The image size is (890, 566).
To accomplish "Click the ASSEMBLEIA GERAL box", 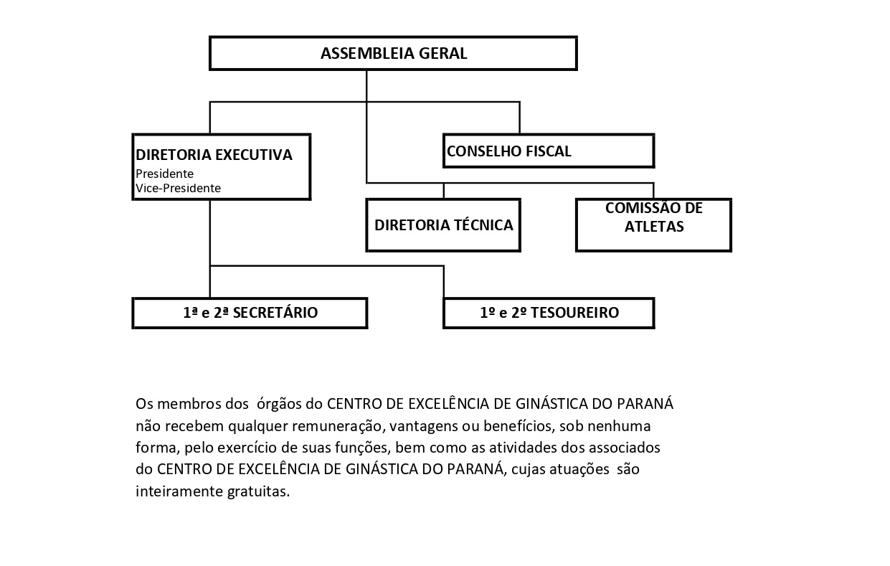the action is [393, 53].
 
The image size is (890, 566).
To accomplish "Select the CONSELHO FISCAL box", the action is [549, 151].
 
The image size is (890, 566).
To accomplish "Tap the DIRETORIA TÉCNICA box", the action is [443, 225].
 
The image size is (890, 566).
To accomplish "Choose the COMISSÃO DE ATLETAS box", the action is [653, 225].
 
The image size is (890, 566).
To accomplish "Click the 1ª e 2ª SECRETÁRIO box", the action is [250, 313].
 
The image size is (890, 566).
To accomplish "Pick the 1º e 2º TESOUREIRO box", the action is [549, 313].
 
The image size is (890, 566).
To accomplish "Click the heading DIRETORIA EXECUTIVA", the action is [214, 155].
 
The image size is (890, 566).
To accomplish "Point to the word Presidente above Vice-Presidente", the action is [164, 174].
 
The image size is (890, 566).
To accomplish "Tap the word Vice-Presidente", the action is [178, 188].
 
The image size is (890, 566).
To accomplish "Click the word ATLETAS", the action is [654, 227].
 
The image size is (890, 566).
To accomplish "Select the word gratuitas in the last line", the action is [258, 491].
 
